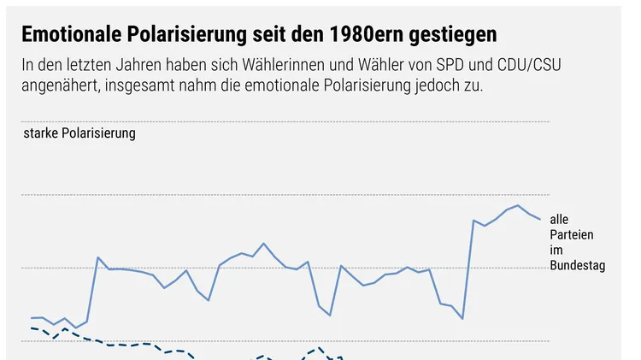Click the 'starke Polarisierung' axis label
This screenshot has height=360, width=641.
coord(79,133)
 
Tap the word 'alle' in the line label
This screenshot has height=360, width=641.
coord(559,220)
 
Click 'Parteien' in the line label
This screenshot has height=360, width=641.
coord(572,235)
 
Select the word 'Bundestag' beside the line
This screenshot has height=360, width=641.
coord(578,266)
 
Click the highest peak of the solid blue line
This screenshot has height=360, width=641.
coord(517,205)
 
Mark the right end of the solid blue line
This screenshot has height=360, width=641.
coord(540,219)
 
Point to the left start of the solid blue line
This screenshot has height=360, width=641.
coord(32,318)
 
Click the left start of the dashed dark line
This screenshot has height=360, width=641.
coord(32,328)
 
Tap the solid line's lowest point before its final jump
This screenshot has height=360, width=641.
coord(462,319)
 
